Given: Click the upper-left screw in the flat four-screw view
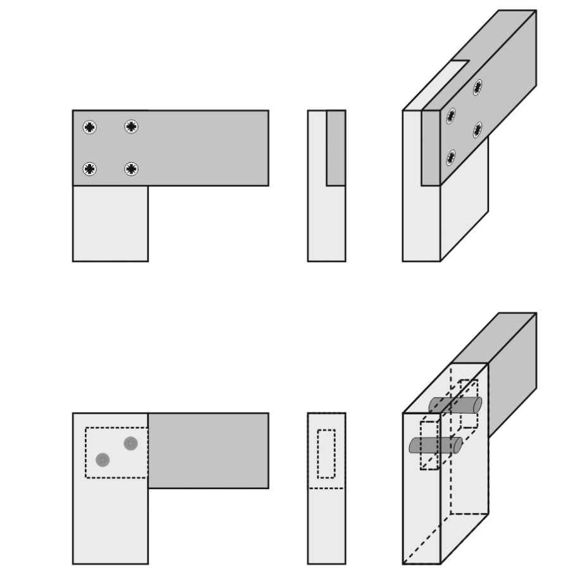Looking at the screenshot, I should coord(91,127).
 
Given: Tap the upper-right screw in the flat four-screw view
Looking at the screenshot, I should coord(131,127).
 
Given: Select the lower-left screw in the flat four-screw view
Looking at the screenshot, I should coord(91,169).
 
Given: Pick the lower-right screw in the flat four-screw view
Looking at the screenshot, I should coord(131,169).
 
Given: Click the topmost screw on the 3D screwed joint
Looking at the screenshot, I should coord(478,87).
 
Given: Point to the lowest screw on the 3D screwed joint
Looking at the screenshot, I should coord(451,157).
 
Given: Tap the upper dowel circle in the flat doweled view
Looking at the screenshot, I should coord(130,443).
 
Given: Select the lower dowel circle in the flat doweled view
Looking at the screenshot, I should coord(103,459).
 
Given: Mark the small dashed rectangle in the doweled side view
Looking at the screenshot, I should coord(326,454).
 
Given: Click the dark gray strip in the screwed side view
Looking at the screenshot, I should coord(336,148).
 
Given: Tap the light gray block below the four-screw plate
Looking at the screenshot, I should coord(110,223).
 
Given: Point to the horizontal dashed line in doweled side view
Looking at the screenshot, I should coord(326,488).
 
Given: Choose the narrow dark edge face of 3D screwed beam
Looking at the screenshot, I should coord(431,150).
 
